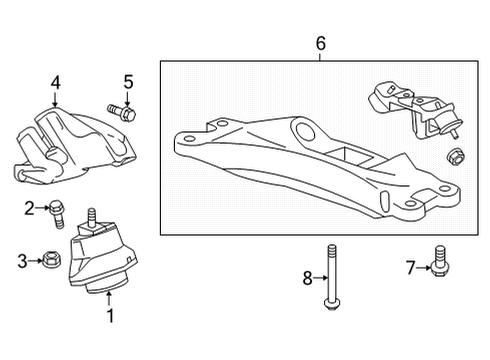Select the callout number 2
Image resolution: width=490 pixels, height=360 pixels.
[x=30, y=208]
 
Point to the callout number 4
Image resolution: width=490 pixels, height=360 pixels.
[x=56, y=83]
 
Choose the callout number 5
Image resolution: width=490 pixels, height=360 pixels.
[x=127, y=82]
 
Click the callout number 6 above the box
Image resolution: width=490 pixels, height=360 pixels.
[x=320, y=44]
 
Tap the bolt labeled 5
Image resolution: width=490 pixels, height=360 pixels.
[x=120, y=110]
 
